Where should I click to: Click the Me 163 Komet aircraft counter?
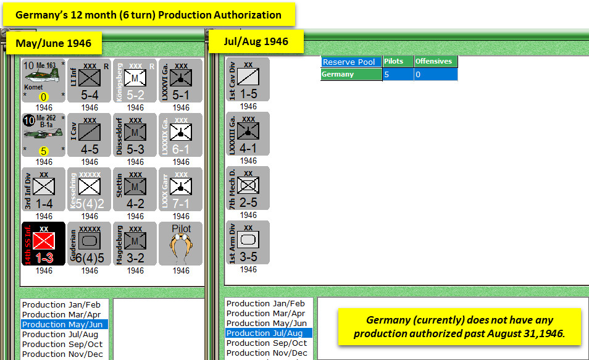tap(44, 81)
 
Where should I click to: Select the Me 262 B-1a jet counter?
tap(44, 135)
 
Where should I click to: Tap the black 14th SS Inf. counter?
tap(44, 244)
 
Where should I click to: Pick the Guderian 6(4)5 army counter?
tap(90, 244)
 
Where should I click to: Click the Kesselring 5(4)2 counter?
tap(90, 190)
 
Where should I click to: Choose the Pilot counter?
tap(181, 244)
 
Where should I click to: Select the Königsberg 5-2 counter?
tap(135, 81)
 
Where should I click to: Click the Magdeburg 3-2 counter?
tap(135, 244)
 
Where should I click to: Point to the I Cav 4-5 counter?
tap(90, 135)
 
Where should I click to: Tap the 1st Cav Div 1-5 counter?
tap(248, 80)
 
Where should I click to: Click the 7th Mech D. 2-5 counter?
tap(248, 188)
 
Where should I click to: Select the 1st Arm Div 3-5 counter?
tap(248, 243)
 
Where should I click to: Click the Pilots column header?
tap(398, 62)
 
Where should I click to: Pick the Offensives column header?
tap(435, 62)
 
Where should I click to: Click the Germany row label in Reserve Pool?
tap(351, 74)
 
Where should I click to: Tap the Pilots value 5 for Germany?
tap(398, 74)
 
